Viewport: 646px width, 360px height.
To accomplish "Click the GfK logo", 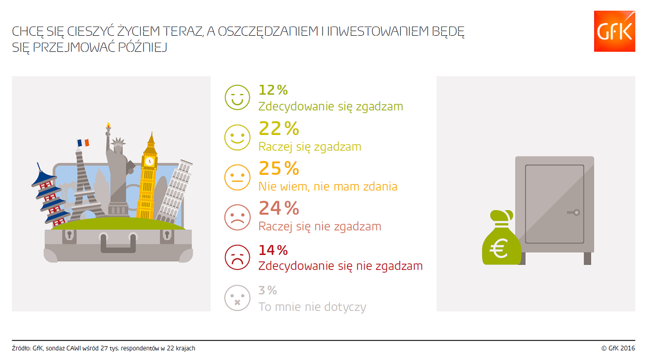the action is (614, 31).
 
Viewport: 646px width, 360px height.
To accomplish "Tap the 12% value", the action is (273, 90).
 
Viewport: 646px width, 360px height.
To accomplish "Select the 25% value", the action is (279, 168).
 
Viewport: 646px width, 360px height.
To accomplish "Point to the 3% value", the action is (268, 290).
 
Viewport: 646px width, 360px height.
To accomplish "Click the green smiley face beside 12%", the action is (237, 97).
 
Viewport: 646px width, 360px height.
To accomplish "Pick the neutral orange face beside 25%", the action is (237, 177).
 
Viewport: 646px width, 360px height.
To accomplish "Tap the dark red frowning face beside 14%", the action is (237, 257).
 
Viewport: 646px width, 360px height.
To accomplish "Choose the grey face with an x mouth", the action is (237, 297).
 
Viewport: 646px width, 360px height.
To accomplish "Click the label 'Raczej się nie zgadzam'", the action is (320, 227).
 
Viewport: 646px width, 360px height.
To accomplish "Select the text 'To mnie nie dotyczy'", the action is (312, 307).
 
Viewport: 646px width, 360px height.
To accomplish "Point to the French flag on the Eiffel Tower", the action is (83, 143).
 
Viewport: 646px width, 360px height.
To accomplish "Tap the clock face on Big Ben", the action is (149, 161).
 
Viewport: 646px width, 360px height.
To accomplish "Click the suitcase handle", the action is (118, 243).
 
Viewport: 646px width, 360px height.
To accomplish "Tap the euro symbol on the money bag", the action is (499, 249).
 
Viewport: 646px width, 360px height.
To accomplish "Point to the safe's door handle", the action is (573, 212).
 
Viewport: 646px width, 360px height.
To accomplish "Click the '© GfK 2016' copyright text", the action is (618, 348).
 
